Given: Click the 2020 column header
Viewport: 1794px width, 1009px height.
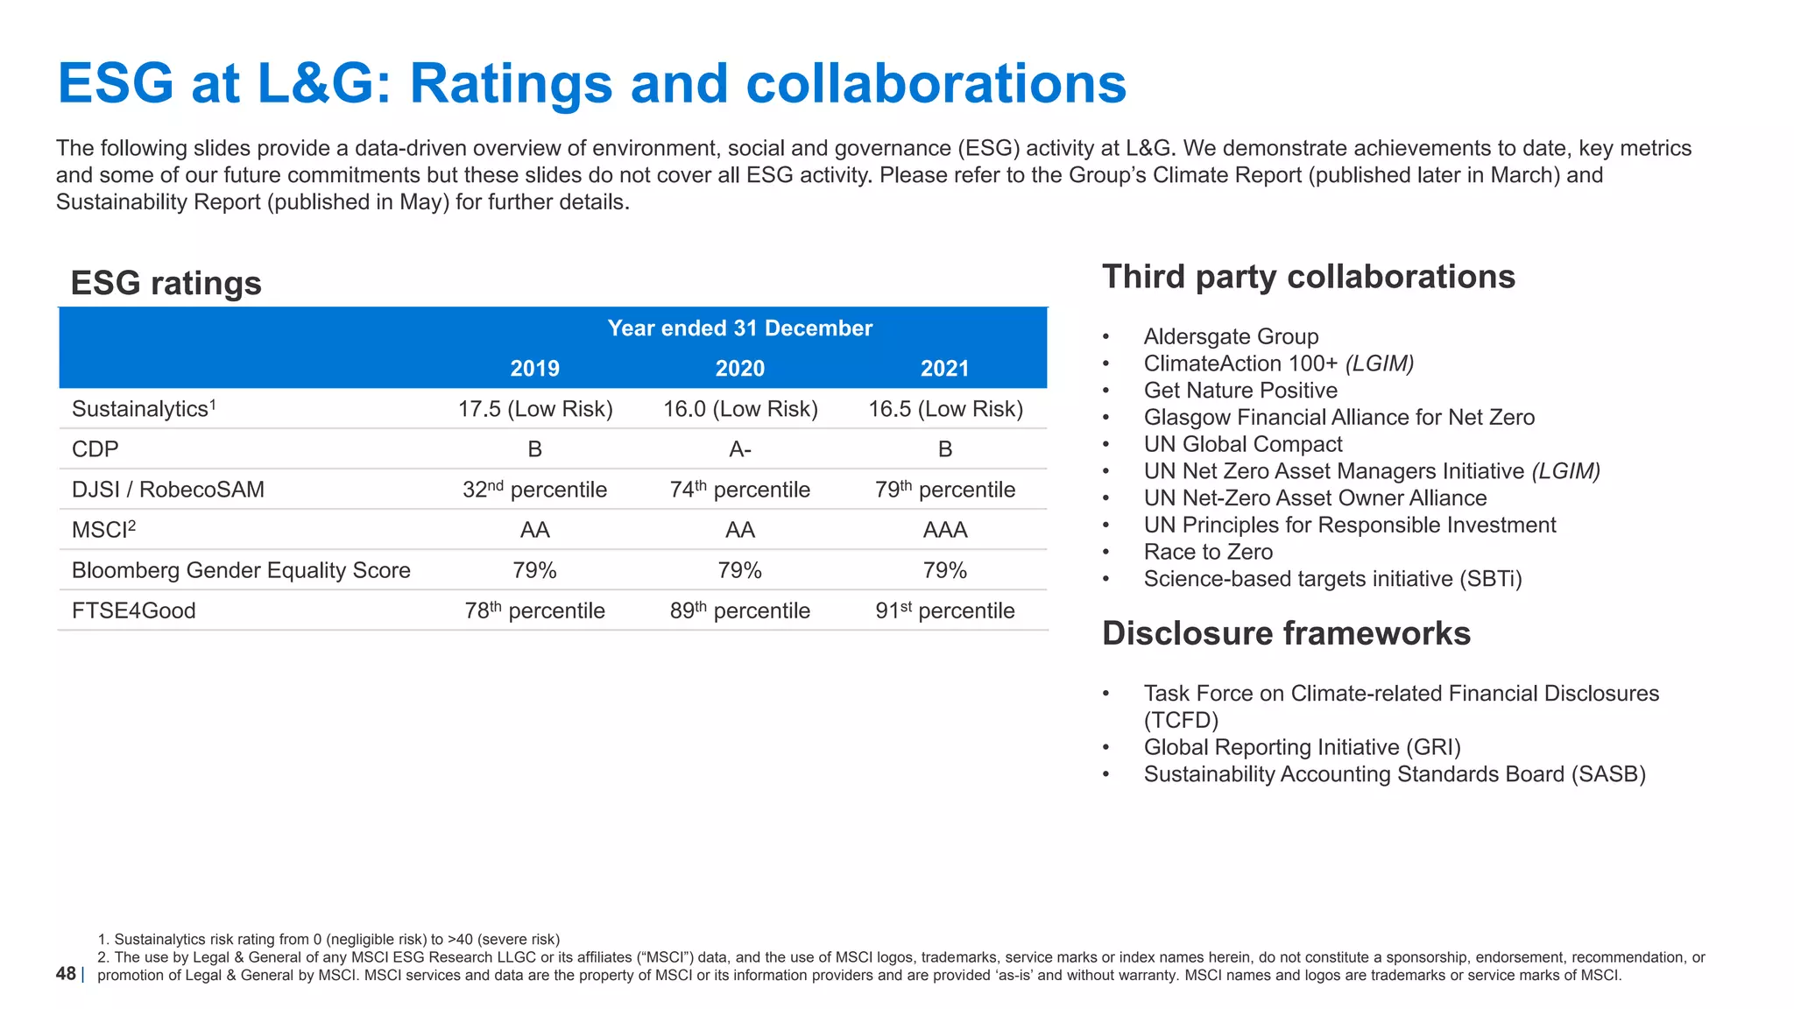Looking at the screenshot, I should pos(739,369).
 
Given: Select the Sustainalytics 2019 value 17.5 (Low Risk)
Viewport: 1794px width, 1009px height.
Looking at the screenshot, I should pos(534,409).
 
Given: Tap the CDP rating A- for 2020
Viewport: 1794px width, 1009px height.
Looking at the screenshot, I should pos(739,449).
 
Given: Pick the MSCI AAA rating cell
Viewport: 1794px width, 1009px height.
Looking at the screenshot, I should pos(944,530).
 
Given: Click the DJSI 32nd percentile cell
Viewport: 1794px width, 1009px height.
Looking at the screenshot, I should pos(534,490).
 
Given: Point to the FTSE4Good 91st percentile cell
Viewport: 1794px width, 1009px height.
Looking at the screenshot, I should pos(944,610).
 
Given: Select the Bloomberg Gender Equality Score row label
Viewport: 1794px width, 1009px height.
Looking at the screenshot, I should pos(241,570).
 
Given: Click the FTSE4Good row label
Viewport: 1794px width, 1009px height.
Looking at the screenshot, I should pos(134,610).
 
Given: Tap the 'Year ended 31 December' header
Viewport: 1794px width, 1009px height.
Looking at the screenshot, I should pos(739,328).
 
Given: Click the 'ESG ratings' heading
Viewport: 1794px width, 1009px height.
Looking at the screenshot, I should pos(166,283).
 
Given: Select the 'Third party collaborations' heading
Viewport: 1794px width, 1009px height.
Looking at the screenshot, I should pos(1308,277).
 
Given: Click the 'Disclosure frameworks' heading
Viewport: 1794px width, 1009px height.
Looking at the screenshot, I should pos(1285,633).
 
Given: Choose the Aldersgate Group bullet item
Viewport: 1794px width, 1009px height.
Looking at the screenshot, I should pos(1230,336).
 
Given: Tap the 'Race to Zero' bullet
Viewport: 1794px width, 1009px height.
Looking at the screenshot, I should pos(1207,552).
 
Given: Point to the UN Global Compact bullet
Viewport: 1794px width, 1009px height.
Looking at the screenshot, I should pos(1242,444).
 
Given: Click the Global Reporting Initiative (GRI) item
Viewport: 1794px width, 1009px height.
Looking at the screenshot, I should pos(1302,747).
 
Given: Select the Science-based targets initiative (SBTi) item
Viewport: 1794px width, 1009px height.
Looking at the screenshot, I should pos(1331,579).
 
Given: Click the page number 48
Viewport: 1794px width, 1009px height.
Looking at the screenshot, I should pos(66,973).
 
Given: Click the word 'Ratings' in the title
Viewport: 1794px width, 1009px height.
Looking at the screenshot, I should pos(512,84).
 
